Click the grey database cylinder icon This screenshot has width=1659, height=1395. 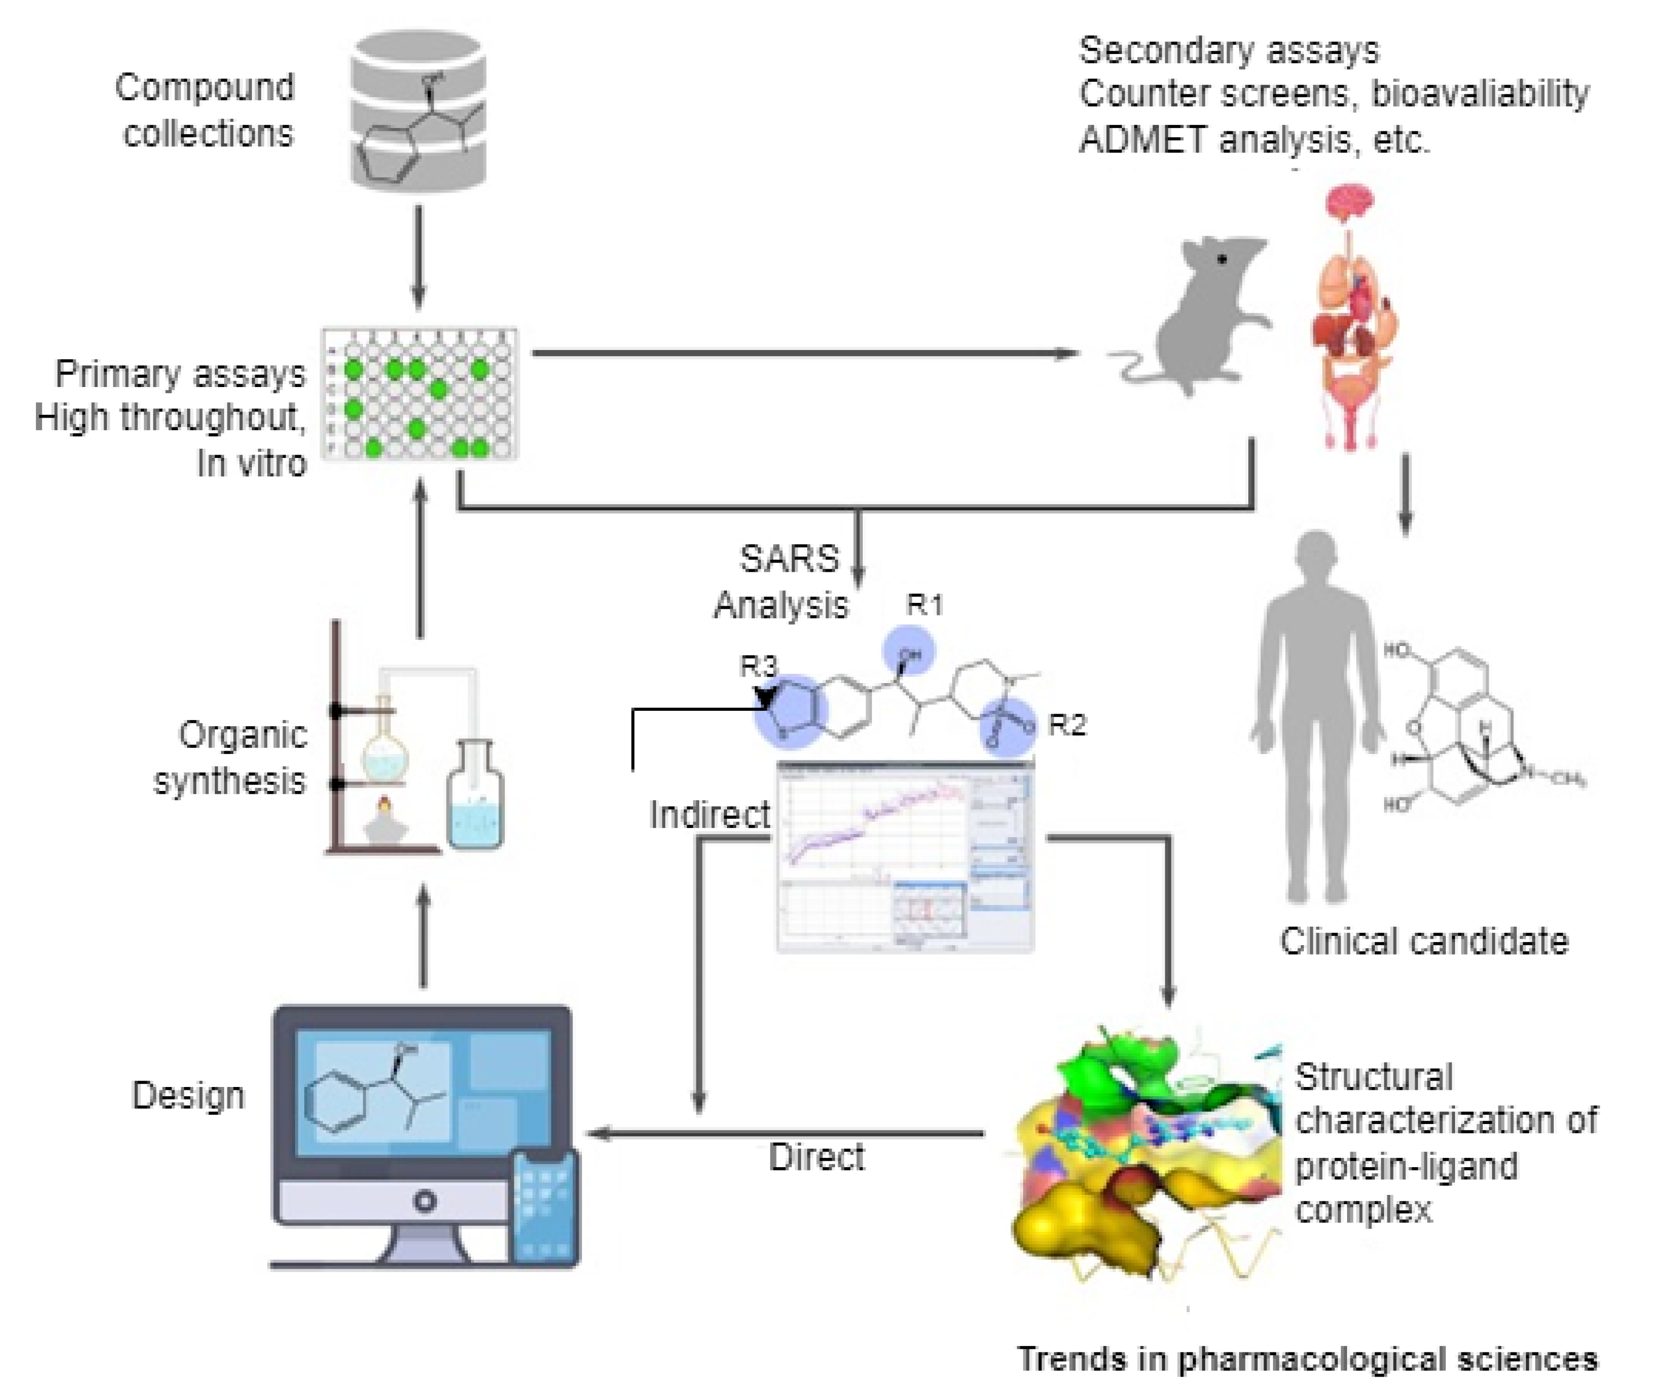click(x=418, y=111)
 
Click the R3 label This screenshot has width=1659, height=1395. click(x=758, y=666)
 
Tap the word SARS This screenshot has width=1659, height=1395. click(x=789, y=559)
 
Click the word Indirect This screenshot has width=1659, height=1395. click(x=710, y=814)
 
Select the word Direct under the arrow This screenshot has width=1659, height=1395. click(x=816, y=1157)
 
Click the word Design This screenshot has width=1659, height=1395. click(x=188, y=1095)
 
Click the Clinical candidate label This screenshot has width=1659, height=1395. click(x=1424, y=941)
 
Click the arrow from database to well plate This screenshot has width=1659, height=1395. click(x=418, y=257)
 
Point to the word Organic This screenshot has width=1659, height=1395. click(x=242, y=735)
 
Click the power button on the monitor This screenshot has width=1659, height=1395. click(x=424, y=1201)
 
